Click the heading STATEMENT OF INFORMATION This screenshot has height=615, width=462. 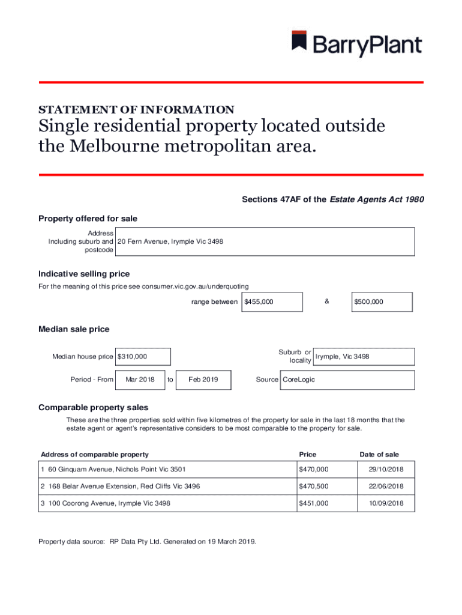(136, 110)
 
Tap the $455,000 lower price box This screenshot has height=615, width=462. (271, 302)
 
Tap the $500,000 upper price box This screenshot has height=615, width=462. (382, 302)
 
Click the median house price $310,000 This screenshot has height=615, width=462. (143, 357)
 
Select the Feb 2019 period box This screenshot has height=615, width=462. (203, 380)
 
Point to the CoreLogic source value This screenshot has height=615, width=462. (299, 380)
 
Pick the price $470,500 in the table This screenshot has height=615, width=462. (314, 486)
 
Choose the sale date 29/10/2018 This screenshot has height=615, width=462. (386, 469)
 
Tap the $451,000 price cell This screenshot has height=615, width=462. (314, 503)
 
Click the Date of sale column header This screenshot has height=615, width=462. (379, 455)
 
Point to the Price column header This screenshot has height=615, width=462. (308, 455)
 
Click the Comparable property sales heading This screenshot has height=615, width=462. (93, 408)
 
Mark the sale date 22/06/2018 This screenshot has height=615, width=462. (386, 486)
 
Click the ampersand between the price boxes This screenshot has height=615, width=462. (327, 301)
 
